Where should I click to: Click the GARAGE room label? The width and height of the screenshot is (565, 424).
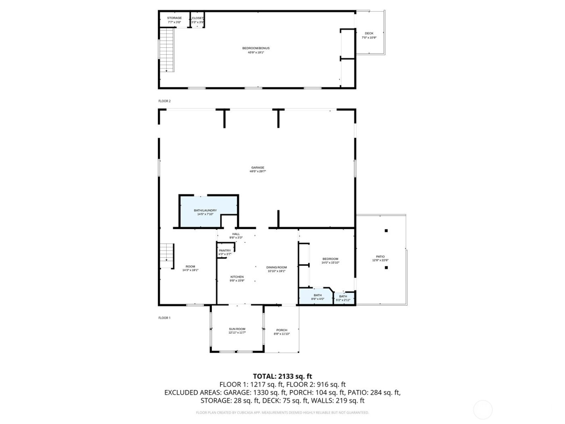click(x=257, y=168)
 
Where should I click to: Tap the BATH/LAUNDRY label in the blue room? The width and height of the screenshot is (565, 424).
click(x=205, y=210)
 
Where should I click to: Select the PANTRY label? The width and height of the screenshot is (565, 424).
click(x=225, y=251)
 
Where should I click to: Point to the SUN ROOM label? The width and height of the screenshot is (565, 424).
click(x=237, y=329)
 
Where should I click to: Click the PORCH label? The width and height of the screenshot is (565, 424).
click(x=282, y=330)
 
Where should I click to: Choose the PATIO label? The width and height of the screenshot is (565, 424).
click(x=380, y=257)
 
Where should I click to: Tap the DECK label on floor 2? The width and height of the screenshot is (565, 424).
click(x=369, y=34)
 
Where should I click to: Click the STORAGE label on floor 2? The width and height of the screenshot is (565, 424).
click(x=174, y=18)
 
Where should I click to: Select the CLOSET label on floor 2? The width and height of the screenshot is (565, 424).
click(x=197, y=18)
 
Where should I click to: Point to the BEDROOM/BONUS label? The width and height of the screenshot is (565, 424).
click(x=256, y=48)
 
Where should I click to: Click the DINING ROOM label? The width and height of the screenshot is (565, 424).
click(x=276, y=267)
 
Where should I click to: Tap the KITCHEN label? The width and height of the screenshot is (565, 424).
click(x=237, y=277)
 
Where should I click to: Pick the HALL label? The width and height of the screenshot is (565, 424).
click(x=236, y=234)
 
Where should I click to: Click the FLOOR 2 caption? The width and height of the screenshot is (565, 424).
click(x=164, y=101)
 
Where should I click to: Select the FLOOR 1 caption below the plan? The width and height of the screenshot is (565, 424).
click(x=164, y=318)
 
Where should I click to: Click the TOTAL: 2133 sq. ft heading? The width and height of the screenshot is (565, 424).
click(x=282, y=376)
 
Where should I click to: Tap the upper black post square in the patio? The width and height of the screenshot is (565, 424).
click(x=386, y=231)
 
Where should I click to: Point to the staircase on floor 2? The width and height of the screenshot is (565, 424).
click(x=167, y=50)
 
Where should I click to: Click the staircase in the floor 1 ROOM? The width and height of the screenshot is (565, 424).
click(x=167, y=256)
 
